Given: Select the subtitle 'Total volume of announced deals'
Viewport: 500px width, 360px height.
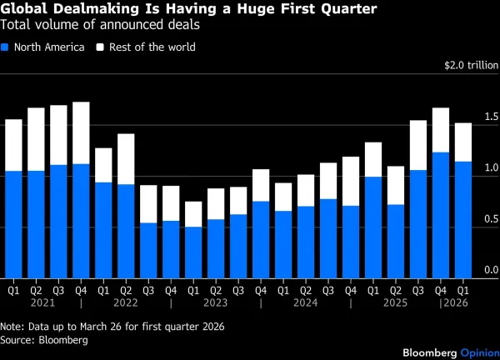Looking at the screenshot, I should pos(99,25).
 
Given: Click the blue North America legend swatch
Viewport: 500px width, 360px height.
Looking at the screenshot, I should pos(7,47).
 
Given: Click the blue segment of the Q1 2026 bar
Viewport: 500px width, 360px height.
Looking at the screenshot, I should pos(463,219).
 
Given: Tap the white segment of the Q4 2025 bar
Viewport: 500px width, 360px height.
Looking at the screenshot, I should pos(441,130).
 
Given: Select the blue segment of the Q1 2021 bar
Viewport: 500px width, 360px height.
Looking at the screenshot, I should pos(13,224).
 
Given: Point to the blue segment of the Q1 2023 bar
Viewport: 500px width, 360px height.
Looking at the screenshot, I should pos(193,252).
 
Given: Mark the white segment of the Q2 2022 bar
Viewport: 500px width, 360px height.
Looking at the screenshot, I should pos(126,158).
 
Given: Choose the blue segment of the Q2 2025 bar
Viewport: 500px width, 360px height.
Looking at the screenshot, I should pos(396,241).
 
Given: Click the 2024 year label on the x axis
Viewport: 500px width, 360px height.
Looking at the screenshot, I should pos(306,302).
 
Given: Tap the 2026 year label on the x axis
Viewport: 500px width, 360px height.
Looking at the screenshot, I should pos(454,302).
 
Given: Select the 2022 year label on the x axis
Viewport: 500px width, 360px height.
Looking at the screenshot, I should pos(126,302).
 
